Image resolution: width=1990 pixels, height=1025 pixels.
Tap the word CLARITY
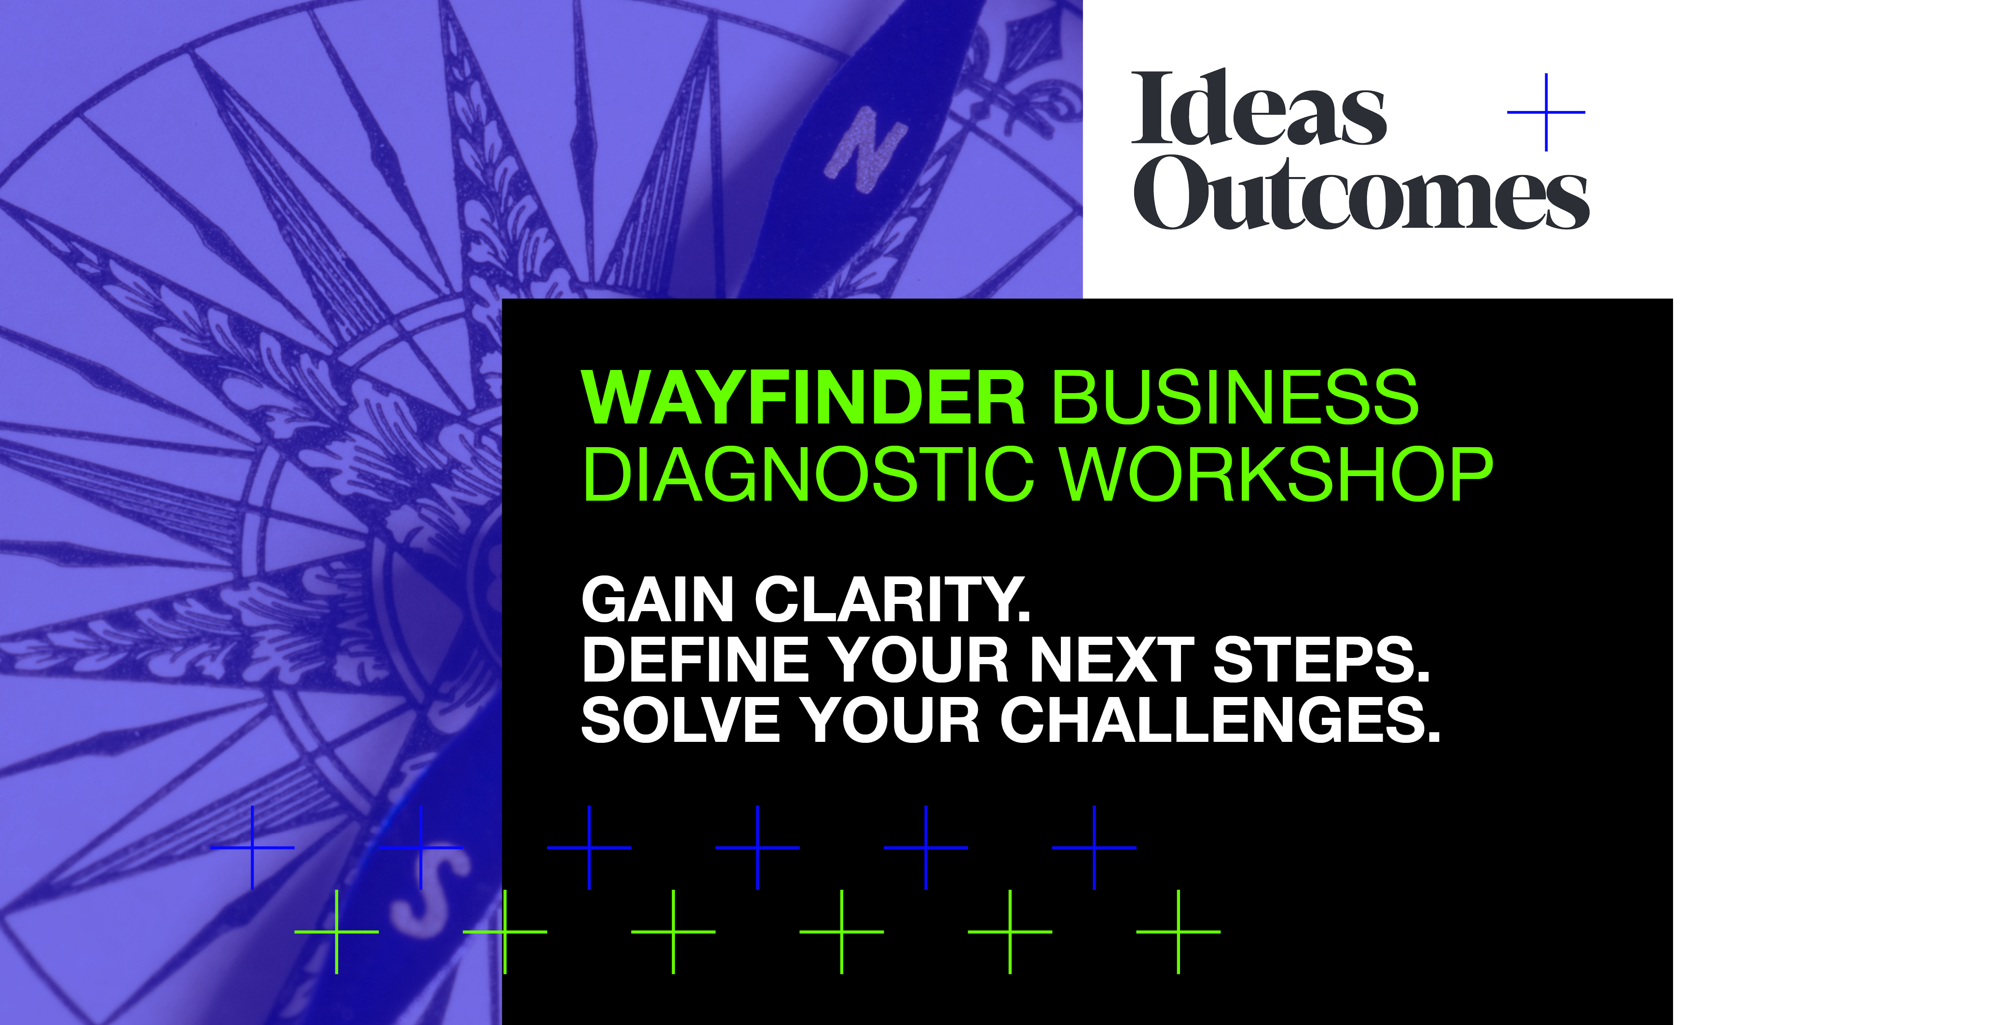pos(892,600)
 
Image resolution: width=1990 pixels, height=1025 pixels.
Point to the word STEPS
pos(1321,660)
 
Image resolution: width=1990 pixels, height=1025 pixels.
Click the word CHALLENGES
pos(1221,720)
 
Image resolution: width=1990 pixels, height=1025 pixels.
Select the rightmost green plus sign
pos(1178,931)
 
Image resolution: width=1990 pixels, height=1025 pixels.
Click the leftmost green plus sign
pos(337,931)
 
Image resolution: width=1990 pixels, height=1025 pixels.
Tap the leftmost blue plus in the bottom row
pos(253,847)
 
